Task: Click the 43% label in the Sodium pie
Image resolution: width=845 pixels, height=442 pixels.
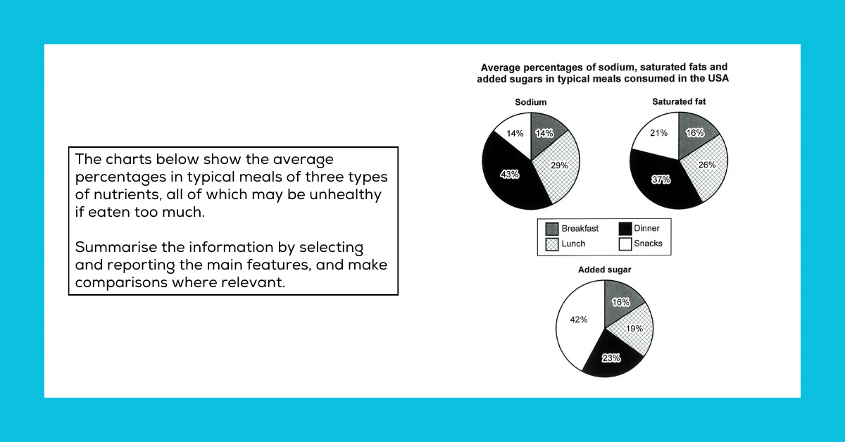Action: pos(510,174)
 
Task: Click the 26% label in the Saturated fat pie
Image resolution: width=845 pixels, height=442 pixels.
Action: pos(707,165)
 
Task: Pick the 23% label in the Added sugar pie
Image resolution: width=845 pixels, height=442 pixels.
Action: pos(611,358)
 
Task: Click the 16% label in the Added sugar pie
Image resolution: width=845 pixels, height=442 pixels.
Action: pos(620,303)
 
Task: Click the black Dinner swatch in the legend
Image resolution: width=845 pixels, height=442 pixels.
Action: pos(625,229)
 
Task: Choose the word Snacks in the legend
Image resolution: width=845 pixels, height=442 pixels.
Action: pos(648,244)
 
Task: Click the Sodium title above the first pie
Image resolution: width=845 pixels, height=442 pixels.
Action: pos(530,102)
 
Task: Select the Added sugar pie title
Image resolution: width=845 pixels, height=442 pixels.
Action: pos(604,270)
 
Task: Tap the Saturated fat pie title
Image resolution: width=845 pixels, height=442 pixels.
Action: pos(679,101)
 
